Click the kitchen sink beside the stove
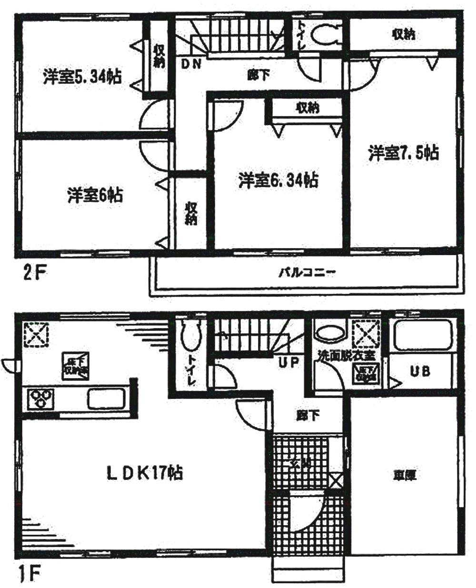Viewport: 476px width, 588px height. click(106, 398)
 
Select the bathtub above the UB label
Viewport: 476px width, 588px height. click(421, 336)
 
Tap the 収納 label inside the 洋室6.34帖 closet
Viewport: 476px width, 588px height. click(307, 108)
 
